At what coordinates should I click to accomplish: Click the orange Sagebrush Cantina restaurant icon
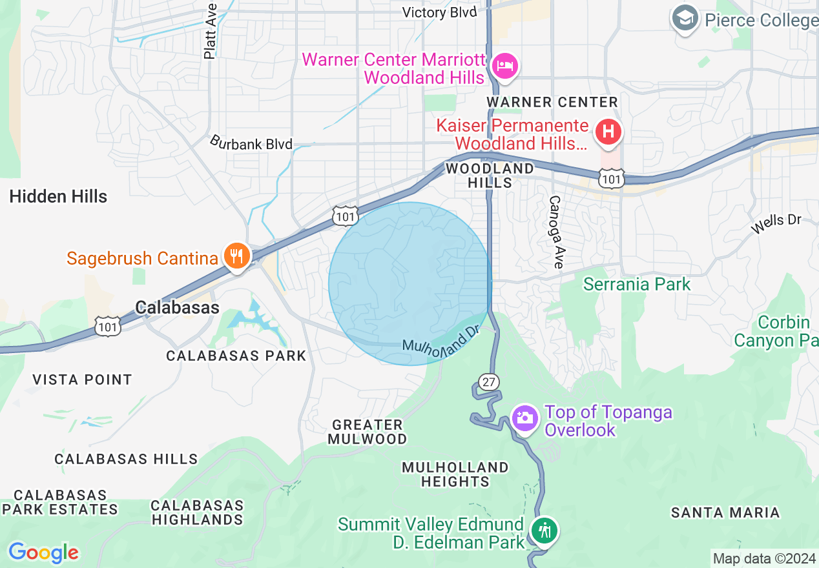point(237,256)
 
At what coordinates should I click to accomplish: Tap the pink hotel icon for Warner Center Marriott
point(504,66)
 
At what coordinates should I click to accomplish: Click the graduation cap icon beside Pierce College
point(685,18)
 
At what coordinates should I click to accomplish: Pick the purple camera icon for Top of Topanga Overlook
point(524,418)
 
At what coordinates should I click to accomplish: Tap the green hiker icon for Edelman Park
point(544,531)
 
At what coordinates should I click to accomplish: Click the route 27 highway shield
point(489,382)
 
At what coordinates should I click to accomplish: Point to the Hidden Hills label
point(58,196)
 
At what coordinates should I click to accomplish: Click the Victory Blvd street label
point(439,12)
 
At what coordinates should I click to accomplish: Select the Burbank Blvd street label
point(251,143)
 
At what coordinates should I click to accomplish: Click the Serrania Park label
point(637,284)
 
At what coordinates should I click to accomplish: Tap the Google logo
point(43,553)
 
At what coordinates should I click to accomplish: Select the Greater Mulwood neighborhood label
point(368,432)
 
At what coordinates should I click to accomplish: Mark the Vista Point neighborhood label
point(82,380)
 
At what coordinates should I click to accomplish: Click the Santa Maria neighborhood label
point(725,512)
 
